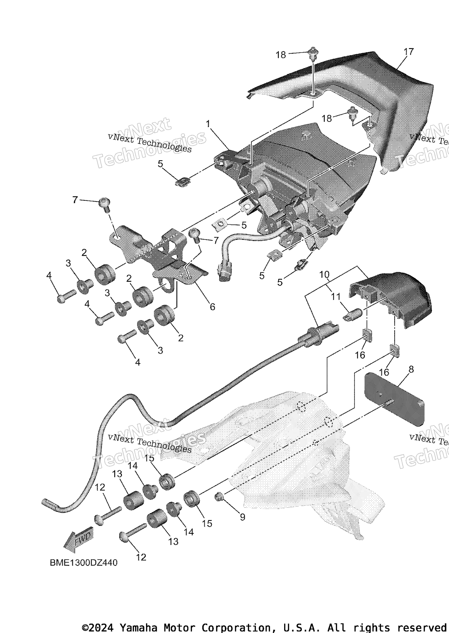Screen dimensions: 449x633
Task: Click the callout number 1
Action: coord(208,124)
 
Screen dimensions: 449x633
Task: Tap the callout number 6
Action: coord(212,306)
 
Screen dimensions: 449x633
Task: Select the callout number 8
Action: coord(411,369)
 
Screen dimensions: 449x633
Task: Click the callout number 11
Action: coord(336,297)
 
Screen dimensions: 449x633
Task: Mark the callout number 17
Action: coord(408,52)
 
